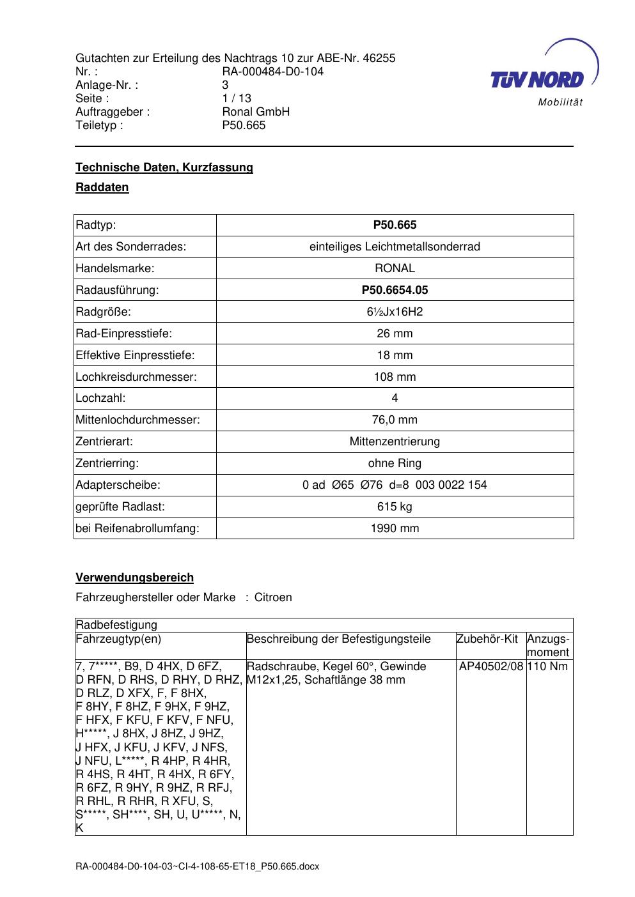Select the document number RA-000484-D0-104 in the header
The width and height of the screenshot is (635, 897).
(272, 72)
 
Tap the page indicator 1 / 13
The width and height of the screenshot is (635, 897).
(237, 98)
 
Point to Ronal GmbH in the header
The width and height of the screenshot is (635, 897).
(256, 112)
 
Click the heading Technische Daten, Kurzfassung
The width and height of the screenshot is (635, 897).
(164, 167)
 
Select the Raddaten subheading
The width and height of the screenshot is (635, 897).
(102, 187)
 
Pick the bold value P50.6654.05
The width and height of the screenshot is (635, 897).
(395, 290)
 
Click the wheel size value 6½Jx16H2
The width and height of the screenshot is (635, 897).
(395, 312)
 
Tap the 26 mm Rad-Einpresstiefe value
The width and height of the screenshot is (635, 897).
(395, 333)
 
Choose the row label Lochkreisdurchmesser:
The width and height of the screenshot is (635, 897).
(136, 377)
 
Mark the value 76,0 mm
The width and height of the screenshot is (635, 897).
(395, 420)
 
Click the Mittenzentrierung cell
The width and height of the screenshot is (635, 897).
(395, 441)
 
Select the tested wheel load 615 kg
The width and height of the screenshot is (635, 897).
(395, 507)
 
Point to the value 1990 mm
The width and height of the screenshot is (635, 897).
(395, 528)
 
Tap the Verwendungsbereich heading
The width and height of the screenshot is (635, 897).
(134, 578)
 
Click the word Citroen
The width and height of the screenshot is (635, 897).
(273, 597)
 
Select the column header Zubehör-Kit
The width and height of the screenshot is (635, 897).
(487, 639)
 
